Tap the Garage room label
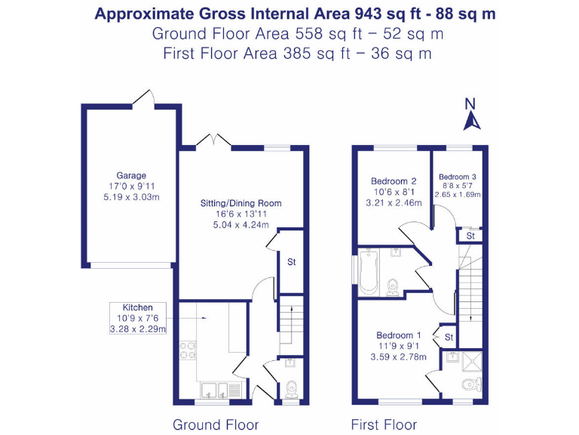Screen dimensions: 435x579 [131, 175]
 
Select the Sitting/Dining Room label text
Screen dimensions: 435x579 [240, 203]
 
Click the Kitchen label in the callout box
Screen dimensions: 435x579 [138, 307]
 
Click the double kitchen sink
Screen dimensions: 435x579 [222, 390]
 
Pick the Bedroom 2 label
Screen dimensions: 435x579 [394, 181]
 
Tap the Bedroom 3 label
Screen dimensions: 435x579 [458, 177]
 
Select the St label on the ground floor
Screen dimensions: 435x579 [291, 262]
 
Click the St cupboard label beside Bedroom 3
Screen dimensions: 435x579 [470, 236]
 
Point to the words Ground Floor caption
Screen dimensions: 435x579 [216, 424]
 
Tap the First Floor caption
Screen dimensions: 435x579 [384, 424]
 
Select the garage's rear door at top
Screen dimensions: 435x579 [144, 98]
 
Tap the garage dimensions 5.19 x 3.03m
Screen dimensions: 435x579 [131, 197]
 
